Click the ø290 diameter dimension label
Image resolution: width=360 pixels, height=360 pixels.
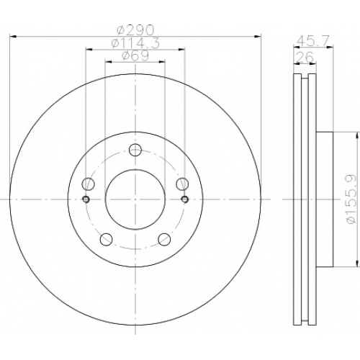pos(135,30)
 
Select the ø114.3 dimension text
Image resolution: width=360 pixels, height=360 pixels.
pos(135,43)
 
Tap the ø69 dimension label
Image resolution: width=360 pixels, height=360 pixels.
pos(135,55)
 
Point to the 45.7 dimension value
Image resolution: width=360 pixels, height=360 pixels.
pos(313,41)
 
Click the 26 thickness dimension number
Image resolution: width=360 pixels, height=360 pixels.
pos(305,57)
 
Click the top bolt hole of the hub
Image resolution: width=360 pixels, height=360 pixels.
pos(135,150)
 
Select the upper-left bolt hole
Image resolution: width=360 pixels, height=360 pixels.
pos(89,184)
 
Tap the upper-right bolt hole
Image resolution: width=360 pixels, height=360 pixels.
pos(182,184)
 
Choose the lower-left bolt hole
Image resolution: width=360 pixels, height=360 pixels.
pos(107,239)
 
